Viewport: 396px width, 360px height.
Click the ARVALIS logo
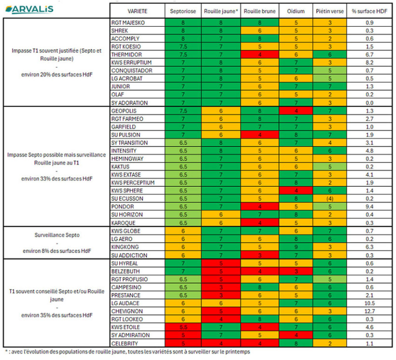[32, 9]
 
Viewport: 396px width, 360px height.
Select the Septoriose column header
[183, 11]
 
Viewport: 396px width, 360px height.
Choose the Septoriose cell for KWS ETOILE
[183, 327]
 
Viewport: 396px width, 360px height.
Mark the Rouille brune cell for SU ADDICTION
[260, 255]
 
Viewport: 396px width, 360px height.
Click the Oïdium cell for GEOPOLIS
[295, 111]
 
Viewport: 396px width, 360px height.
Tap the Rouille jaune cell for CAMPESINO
[221, 287]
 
